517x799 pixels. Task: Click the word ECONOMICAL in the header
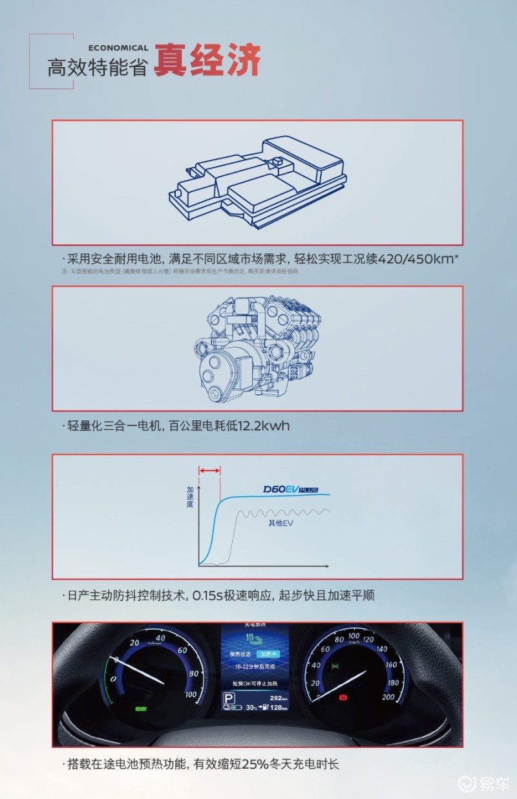(118, 48)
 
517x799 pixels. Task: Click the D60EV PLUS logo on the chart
(292, 490)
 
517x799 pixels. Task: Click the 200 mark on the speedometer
(388, 696)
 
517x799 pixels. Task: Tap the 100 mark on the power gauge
(191, 695)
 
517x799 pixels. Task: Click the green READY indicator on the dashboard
(141, 708)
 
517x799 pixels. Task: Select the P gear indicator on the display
(228, 698)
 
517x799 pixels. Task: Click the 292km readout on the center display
(279, 698)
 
